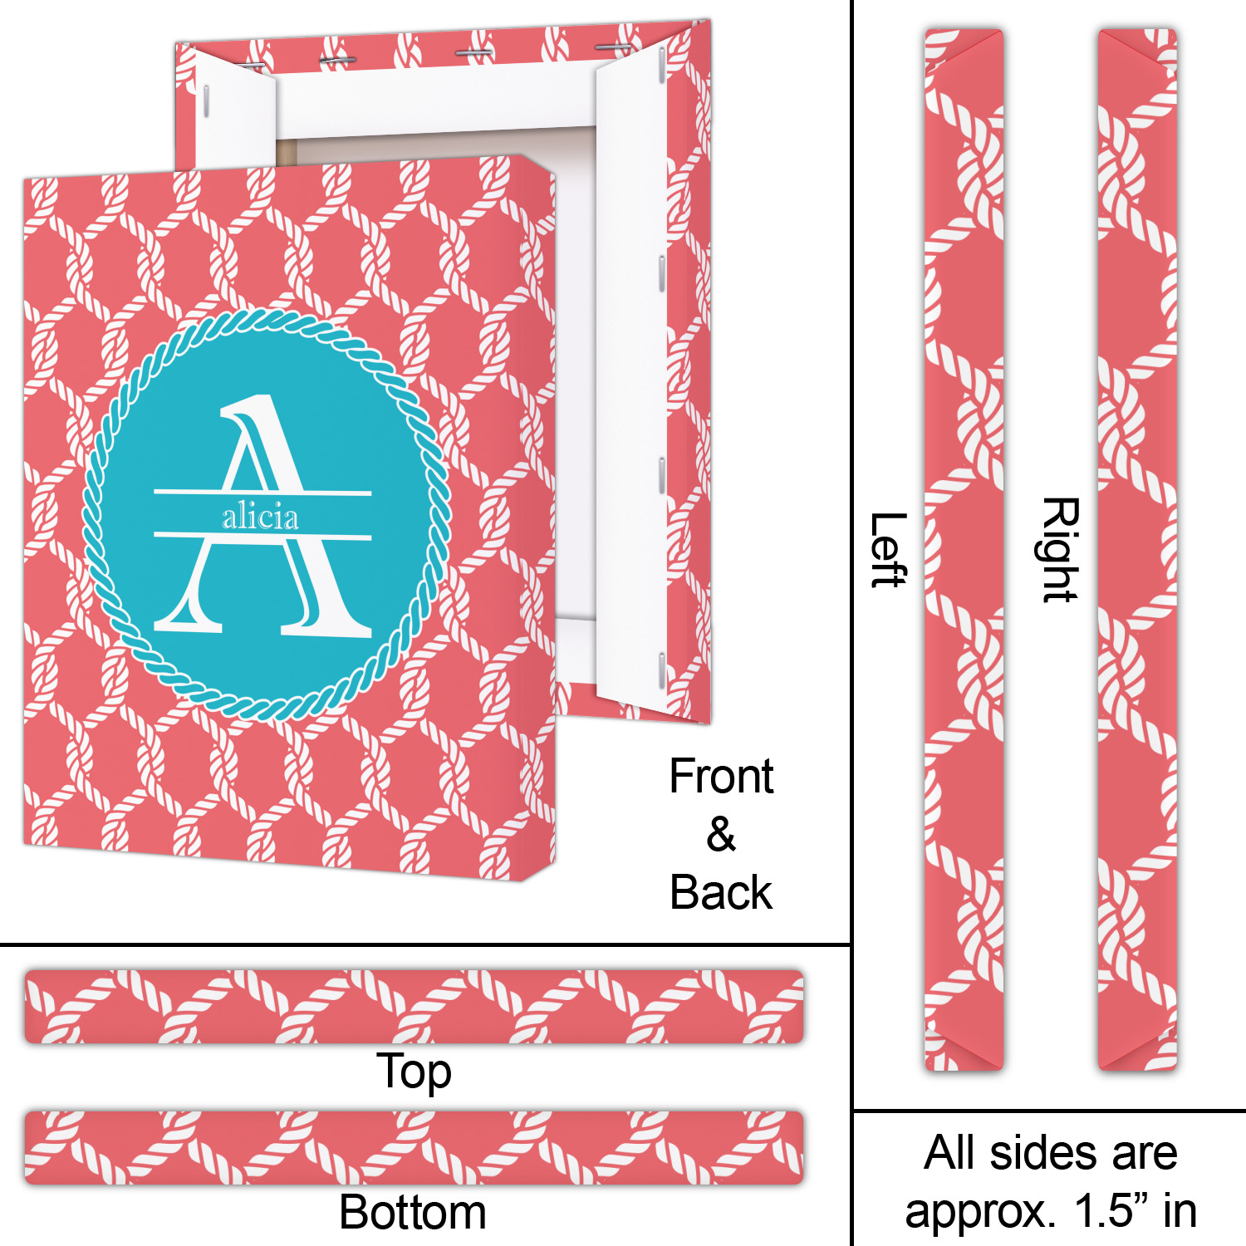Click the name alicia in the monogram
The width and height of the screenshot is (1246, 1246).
coord(260,518)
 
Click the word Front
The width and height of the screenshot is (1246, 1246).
coord(721,777)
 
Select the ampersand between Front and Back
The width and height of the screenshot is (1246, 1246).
coord(721,835)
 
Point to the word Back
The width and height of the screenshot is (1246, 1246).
coord(721,893)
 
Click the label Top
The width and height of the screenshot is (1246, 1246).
coord(414,1072)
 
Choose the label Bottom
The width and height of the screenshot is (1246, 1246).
coord(413,1212)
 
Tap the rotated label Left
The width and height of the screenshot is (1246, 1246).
coord(887,550)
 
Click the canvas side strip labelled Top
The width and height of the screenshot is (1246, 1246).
coord(414,1006)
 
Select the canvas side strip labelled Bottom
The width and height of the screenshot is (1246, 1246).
coord(414,1147)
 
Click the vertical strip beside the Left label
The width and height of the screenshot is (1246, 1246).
coord(964,550)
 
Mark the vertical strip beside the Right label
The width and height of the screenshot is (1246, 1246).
coord(1137,550)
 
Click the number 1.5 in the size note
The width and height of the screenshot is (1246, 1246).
coord(1104,1211)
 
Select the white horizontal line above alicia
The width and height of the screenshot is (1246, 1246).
coord(262,493)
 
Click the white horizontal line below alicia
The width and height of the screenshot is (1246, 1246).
coord(262,536)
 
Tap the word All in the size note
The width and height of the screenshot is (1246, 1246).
coord(951,1153)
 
